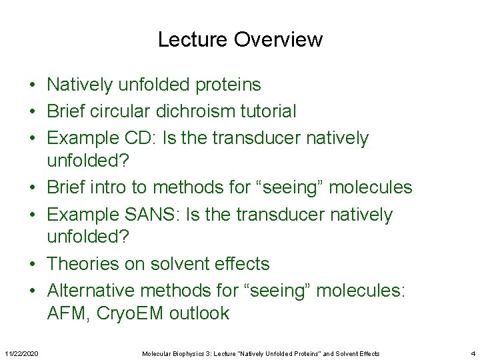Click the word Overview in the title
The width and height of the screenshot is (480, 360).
pyautogui.click(x=278, y=40)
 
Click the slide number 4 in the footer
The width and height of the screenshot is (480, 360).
pyautogui.click(x=473, y=353)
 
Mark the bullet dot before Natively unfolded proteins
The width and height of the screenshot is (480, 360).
pyautogui.click(x=32, y=85)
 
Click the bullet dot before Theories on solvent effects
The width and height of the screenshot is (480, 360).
pyautogui.click(x=32, y=264)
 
